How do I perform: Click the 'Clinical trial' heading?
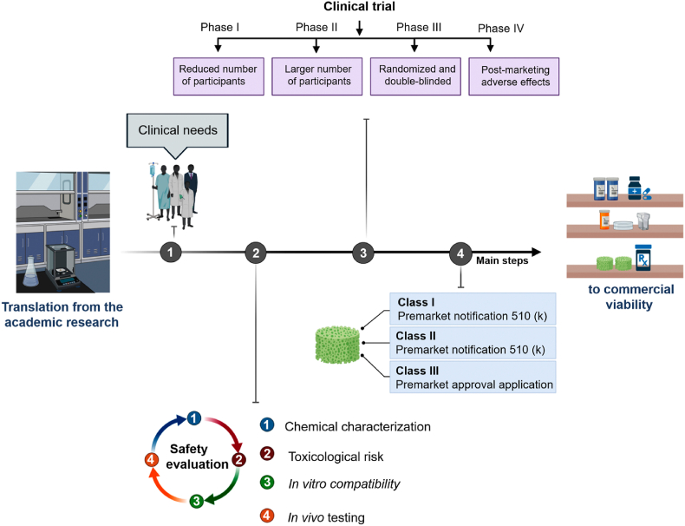[x=359, y=7]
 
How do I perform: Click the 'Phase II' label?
[x=316, y=27]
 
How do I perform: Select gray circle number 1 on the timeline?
[x=173, y=253]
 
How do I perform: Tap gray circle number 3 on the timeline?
[x=363, y=253]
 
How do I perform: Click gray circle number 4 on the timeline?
[x=460, y=253]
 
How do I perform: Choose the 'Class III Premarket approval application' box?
[x=472, y=378]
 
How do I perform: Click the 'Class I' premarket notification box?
[x=472, y=308]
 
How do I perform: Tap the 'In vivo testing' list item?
[x=325, y=517]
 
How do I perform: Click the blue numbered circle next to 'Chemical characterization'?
[x=268, y=426]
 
